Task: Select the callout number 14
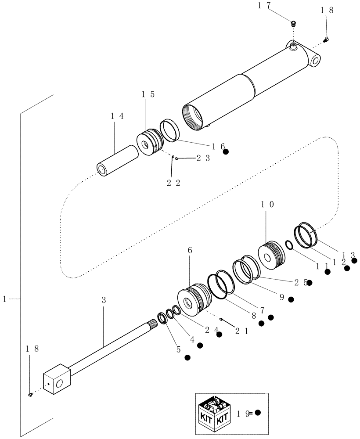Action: (117, 116)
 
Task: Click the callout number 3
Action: (104, 300)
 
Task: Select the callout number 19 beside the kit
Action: (243, 413)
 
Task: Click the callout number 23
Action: (202, 159)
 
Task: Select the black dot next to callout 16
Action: (226, 152)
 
